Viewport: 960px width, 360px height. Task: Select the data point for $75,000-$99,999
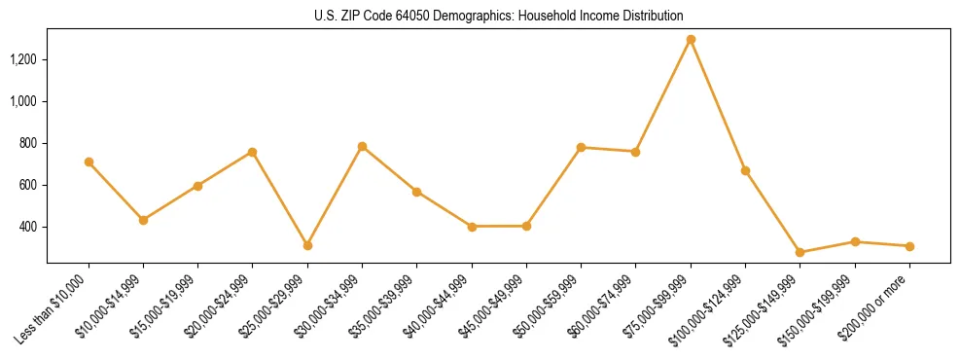tap(691, 40)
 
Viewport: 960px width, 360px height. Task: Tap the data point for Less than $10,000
tap(89, 162)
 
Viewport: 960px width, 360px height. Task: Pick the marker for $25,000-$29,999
tap(307, 245)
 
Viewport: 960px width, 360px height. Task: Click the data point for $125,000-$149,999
tap(800, 252)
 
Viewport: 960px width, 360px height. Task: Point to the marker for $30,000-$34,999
tap(362, 146)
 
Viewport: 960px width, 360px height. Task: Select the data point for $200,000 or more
tap(909, 246)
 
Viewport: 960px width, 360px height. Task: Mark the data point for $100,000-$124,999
tap(745, 170)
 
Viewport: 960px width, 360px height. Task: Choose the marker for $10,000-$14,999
tap(143, 220)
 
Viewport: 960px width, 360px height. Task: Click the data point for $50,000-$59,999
tap(581, 147)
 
